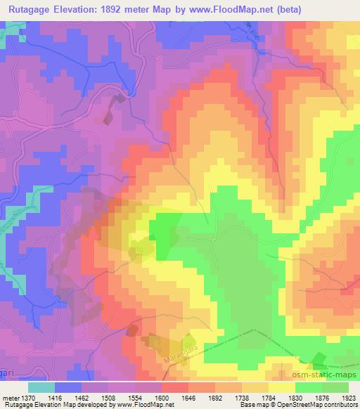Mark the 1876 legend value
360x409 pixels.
click(x=325, y=397)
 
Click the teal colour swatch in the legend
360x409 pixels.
click(x=41, y=387)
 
